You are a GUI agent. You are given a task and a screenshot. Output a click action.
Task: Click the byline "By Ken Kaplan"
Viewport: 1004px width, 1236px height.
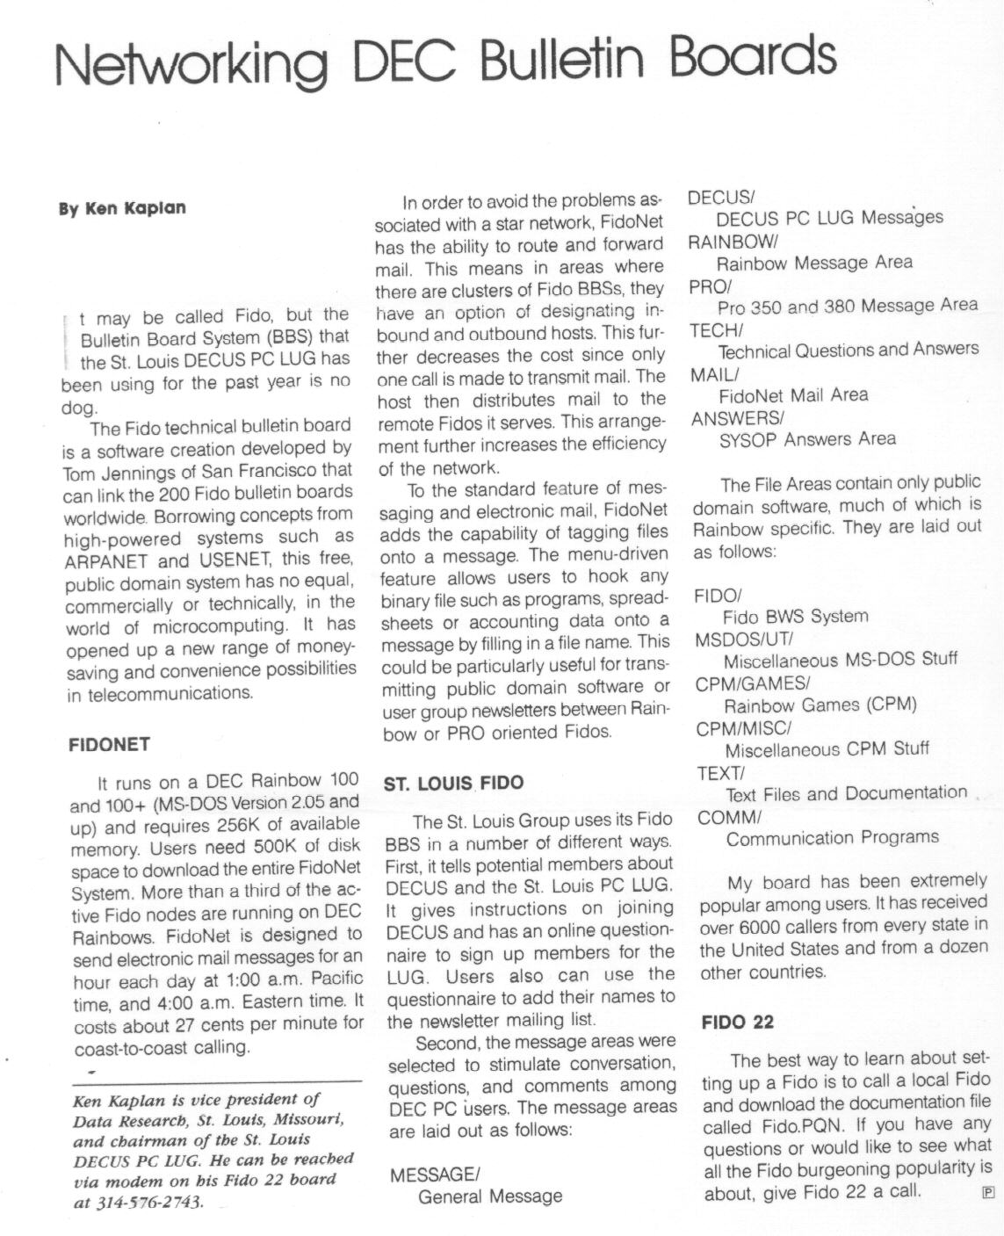click(x=122, y=208)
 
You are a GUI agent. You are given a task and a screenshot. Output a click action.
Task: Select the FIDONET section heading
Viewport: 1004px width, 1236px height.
click(x=109, y=745)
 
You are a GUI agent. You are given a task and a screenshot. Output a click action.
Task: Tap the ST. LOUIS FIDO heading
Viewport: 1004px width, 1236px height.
click(x=453, y=783)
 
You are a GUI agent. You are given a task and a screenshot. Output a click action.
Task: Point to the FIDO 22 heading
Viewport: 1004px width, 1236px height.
click(x=738, y=1022)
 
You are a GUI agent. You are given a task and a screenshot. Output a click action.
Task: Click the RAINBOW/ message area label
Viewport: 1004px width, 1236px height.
click(x=733, y=240)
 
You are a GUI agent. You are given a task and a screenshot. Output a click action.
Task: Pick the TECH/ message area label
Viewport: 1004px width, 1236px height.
click(x=717, y=329)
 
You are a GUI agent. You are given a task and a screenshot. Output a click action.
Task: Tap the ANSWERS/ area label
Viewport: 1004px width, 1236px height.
click(x=737, y=418)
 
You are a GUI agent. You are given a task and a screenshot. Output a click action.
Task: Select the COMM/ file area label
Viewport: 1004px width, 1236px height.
click(x=728, y=817)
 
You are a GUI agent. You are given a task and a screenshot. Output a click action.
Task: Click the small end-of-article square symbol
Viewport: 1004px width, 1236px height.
click(x=986, y=1192)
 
